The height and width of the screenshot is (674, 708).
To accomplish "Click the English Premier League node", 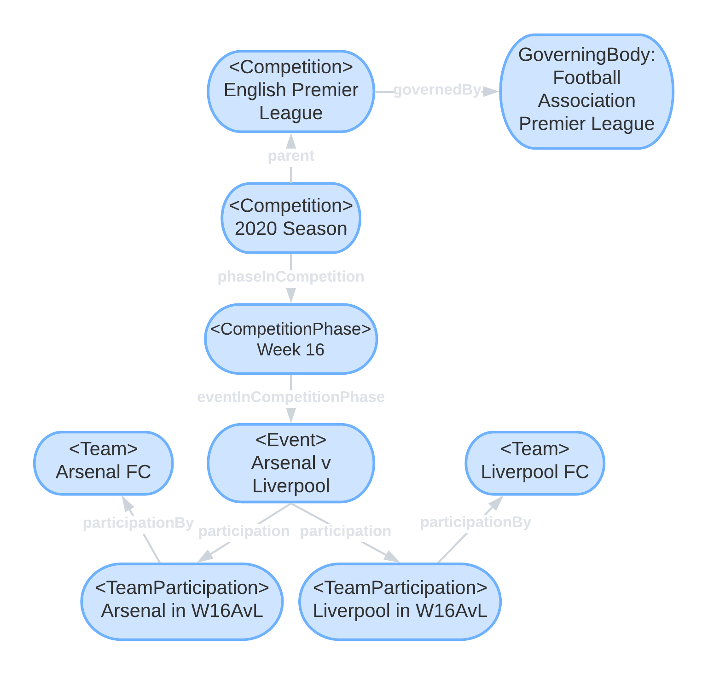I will pyautogui.click(x=290, y=91).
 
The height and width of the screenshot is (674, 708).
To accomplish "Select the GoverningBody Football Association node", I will pyautogui.click(x=586, y=91).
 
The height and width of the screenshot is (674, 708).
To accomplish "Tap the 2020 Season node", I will pyautogui.click(x=290, y=218).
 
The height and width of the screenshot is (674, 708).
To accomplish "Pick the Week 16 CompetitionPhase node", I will pyautogui.click(x=290, y=339).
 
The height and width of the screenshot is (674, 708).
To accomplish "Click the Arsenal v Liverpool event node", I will pyautogui.click(x=290, y=463).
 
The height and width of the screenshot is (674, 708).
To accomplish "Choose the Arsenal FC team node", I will pyautogui.click(x=103, y=463).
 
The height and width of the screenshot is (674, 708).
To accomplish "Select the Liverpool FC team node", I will pyautogui.click(x=534, y=463).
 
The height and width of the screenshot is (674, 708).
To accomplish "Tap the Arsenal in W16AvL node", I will pyautogui.click(x=182, y=601).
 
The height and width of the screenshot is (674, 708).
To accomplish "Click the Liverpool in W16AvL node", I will pyautogui.click(x=400, y=601).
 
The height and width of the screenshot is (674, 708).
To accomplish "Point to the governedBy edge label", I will pyautogui.click(x=437, y=90).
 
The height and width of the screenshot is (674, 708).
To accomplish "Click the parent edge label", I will pyautogui.click(x=290, y=156).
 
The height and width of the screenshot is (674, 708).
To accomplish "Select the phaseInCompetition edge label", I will pyautogui.click(x=290, y=277).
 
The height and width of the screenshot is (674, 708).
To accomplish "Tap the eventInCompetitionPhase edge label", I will pyautogui.click(x=290, y=397).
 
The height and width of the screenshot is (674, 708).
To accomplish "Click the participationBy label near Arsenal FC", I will pyautogui.click(x=138, y=523).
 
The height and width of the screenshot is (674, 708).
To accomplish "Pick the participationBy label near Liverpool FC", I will pyautogui.click(x=476, y=522).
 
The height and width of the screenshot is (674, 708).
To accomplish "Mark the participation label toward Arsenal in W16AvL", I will pyautogui.click(x=244, y=531).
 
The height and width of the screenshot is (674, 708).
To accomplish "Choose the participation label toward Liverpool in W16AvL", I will pyautogui.click(x=345, y=531).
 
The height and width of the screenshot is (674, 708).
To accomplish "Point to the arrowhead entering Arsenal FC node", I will pyautogui.click(x=128, y=505).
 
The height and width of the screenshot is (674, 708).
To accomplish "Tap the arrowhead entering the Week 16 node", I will pyautogui.click(x=290, y=296).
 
